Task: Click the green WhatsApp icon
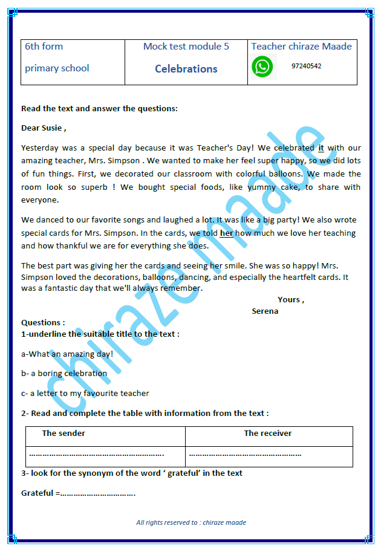[262, 67]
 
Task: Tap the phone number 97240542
[306, 66]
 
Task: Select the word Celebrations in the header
[186, 69]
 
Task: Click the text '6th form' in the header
[44, 47]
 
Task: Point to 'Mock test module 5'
[186, 47]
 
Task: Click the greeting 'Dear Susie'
[44, 128]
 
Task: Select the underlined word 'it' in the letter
[321, 148]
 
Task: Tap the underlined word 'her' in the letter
[226, 233]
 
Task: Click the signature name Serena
[265, 311]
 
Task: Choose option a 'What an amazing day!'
[67, 354]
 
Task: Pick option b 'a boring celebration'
[64, 374]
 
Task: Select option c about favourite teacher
[85, 394]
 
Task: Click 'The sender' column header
[64, 434]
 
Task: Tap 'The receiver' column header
[267, 434]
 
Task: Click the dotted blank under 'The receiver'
[245, 454]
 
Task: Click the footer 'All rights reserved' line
[191, 522]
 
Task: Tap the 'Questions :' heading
[43, 323]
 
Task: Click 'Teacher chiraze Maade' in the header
[301, 47]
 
